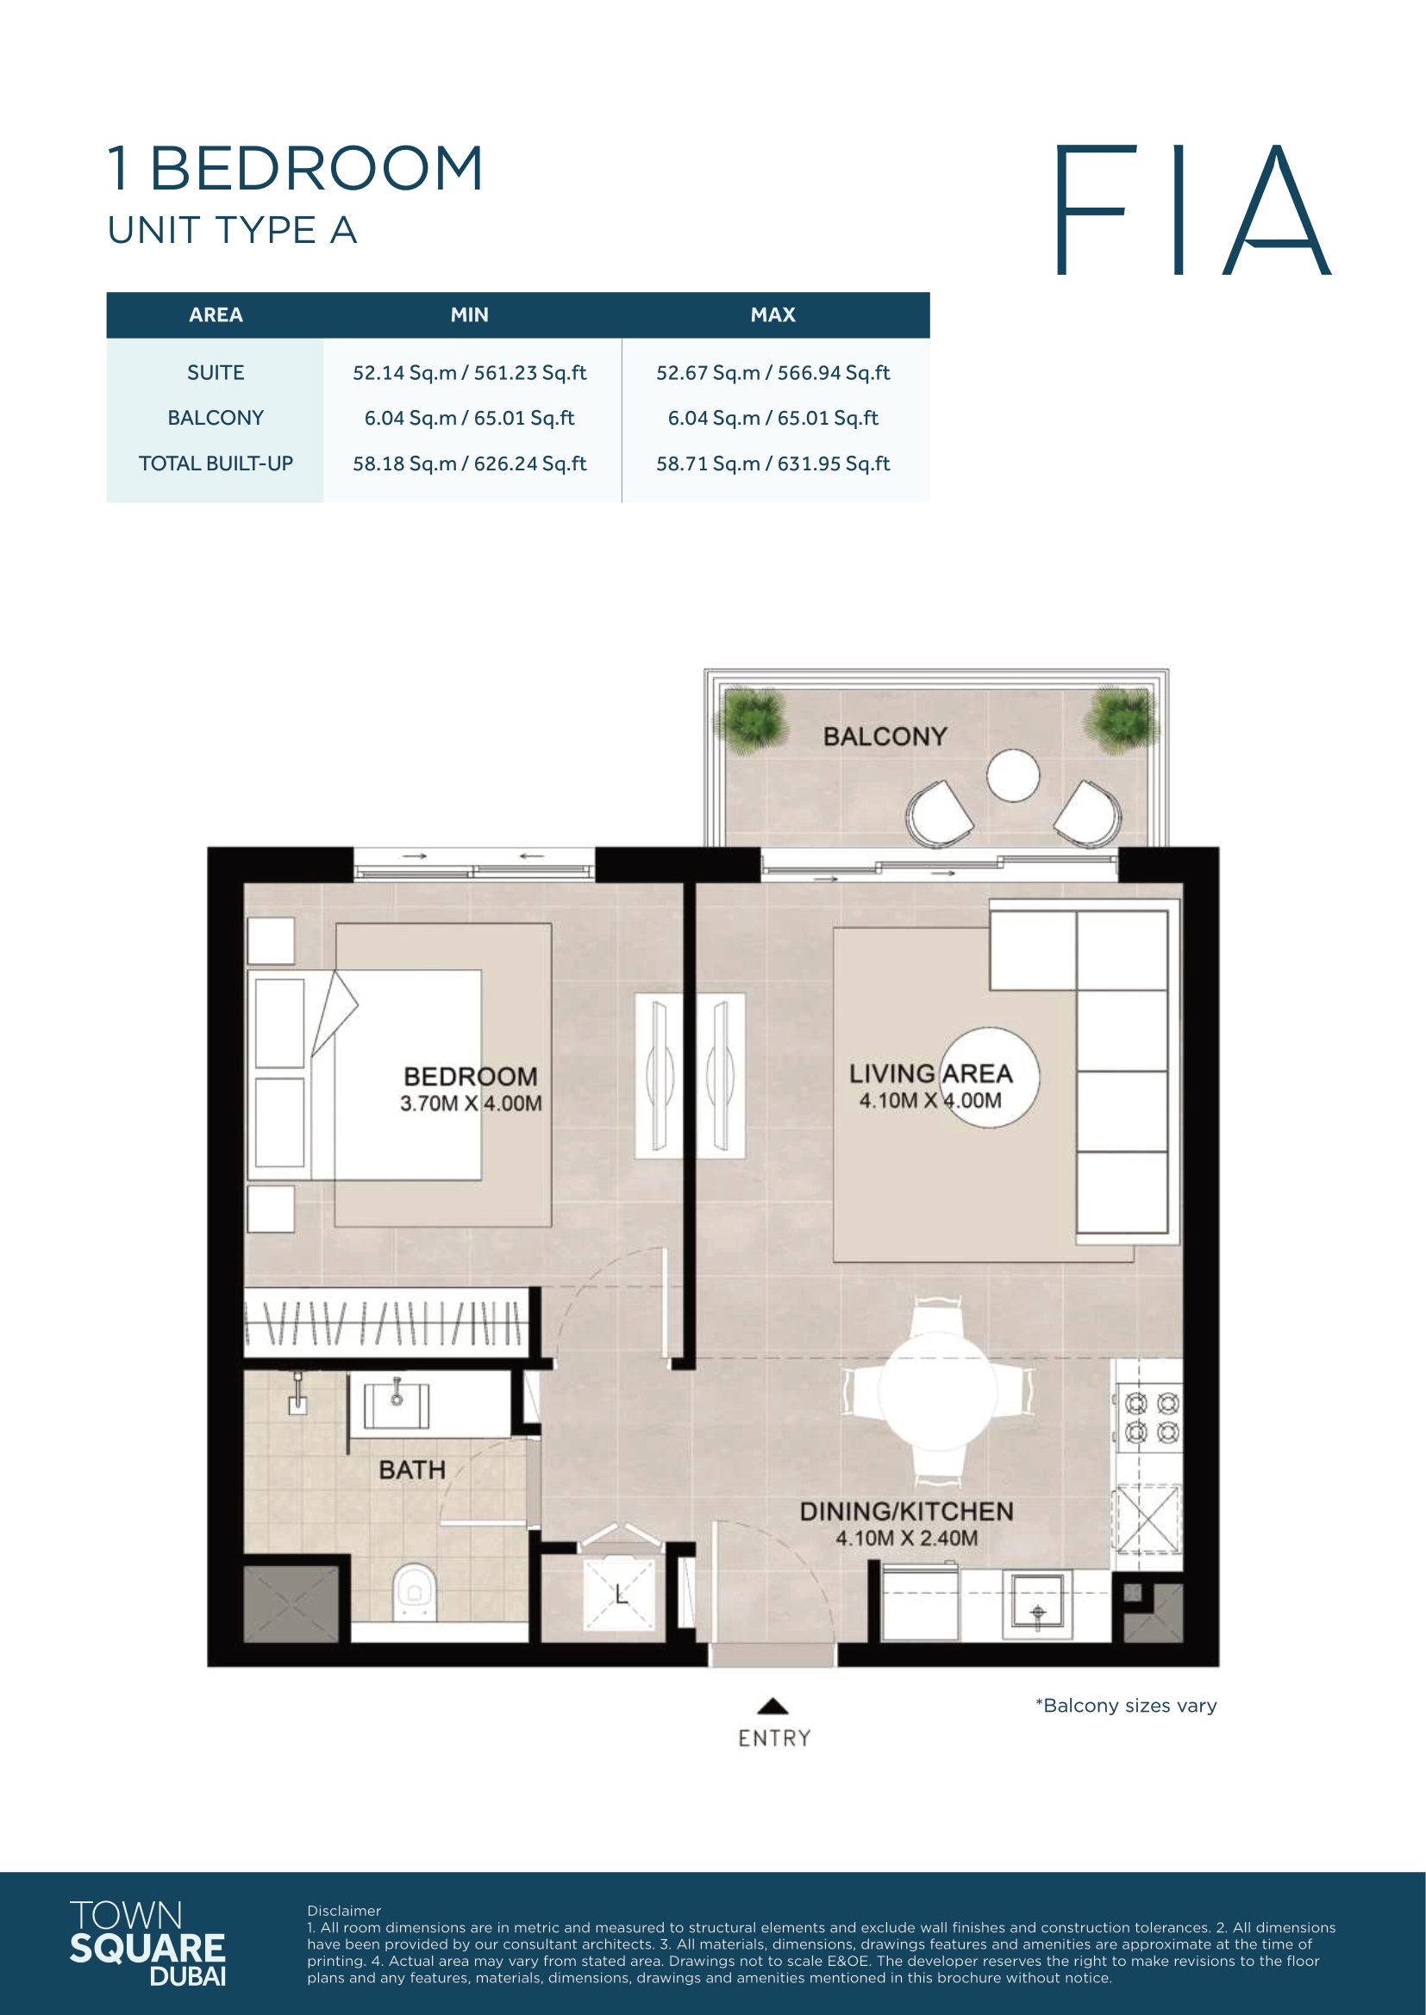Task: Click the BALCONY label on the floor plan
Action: coord(885,737)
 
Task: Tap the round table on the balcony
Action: coord(1012,776)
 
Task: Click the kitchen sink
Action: coord(1037,1605)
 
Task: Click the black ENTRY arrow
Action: coord(772,1705)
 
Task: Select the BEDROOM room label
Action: coord(471,1077)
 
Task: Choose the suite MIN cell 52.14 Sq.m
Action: coord(470,373)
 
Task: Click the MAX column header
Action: coord(772,315)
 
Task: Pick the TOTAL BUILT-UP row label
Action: coord(216,463)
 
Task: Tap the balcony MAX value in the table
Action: coord(772,419)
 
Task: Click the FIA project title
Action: coord(1192,210)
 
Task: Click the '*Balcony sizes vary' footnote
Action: coord(1126,1705)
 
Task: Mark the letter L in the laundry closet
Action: coord(621,1593)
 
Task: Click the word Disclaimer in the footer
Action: coord(344,1911)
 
